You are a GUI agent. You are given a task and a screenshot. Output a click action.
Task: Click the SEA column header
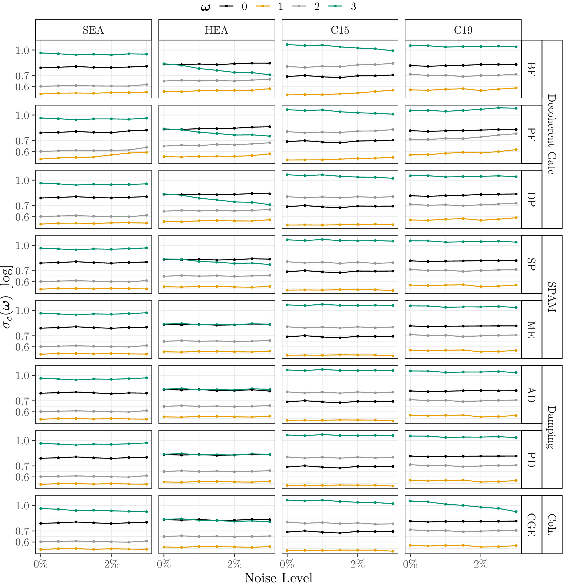93,30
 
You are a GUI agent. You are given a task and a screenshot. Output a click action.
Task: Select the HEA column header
217,30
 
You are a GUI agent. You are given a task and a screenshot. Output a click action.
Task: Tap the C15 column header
340,30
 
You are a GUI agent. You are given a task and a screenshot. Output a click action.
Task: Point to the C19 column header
463,30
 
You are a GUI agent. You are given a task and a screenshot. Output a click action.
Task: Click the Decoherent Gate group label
552,134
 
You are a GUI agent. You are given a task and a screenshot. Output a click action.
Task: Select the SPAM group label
552,297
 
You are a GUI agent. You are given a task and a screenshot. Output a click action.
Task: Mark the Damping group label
552,427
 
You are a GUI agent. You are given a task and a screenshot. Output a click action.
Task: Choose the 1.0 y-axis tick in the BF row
23,50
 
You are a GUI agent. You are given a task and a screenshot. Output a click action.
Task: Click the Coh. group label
552,525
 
